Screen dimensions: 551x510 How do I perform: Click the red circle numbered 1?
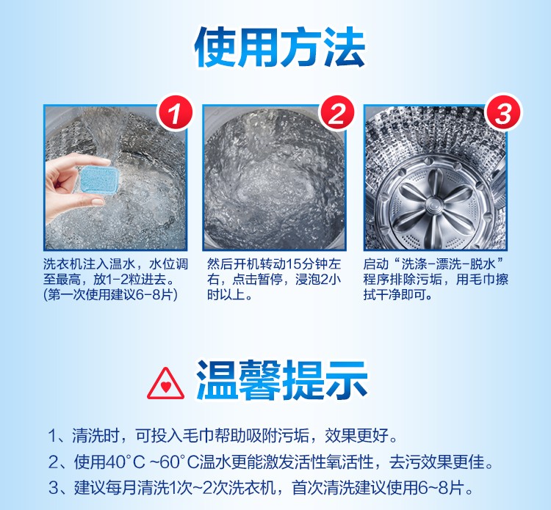click(175, 113)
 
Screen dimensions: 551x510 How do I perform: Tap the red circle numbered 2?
click(336, 113)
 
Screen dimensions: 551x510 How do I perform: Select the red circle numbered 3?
click(503, 113)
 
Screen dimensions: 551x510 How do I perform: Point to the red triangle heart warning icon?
click(165, 384)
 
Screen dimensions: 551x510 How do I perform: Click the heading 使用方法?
click(280, 48)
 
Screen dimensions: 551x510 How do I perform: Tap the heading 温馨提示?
click(282, 380)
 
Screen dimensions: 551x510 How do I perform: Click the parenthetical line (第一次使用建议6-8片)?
click(110, 295)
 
